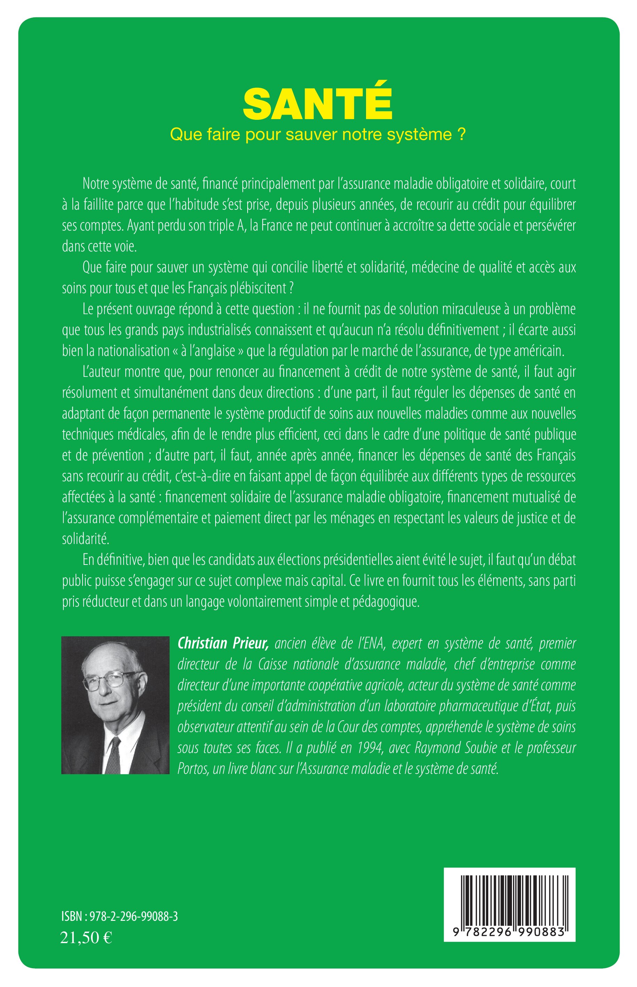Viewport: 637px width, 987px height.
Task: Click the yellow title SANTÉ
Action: (317, 103)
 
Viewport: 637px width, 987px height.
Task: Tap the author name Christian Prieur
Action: (223, 643)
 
